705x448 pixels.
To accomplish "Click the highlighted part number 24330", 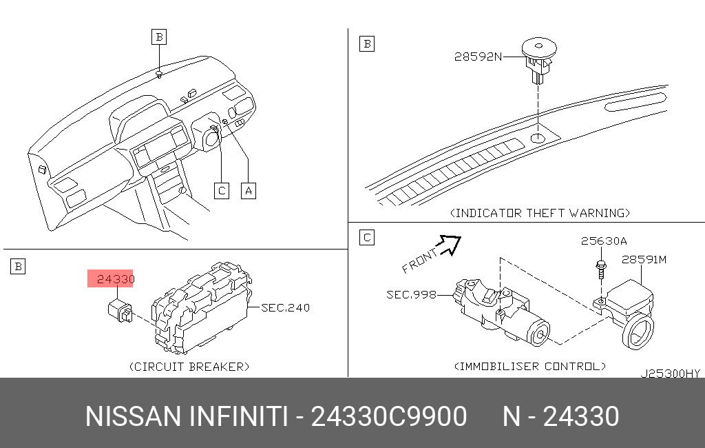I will [x=114, y=279].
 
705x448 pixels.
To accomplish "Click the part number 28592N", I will [x=477, y=57].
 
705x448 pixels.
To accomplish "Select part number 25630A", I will [x=603, y=241].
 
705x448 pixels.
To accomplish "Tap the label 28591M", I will [x=644, y=260].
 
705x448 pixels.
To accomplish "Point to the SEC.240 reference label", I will [x=285, y=307].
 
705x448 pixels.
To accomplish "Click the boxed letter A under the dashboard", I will [x=248, y=190].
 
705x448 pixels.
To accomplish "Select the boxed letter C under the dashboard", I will [x=220, y=190].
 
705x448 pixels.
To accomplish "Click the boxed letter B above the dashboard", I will [x=159, y=36].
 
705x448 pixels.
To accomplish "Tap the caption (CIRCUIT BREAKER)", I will [x=189, y=366].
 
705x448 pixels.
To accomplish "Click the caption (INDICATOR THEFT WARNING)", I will [x=540, y=213].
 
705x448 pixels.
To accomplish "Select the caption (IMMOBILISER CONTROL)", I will [x=530, y=366].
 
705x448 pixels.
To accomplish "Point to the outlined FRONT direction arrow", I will [x=450, y=243].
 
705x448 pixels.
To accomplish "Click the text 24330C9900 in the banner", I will [x=390, y=416].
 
